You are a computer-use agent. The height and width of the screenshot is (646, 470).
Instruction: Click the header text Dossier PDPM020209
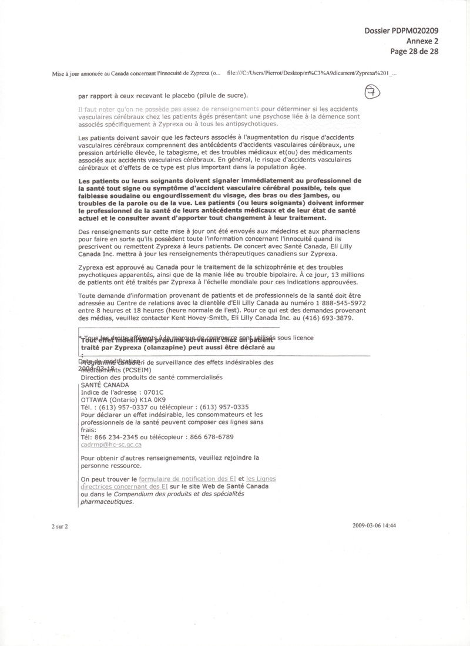401,31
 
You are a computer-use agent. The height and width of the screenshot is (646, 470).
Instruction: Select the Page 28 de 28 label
415,51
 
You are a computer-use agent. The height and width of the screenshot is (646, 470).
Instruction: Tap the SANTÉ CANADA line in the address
105,385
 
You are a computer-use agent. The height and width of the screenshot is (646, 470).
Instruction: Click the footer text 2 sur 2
60,526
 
